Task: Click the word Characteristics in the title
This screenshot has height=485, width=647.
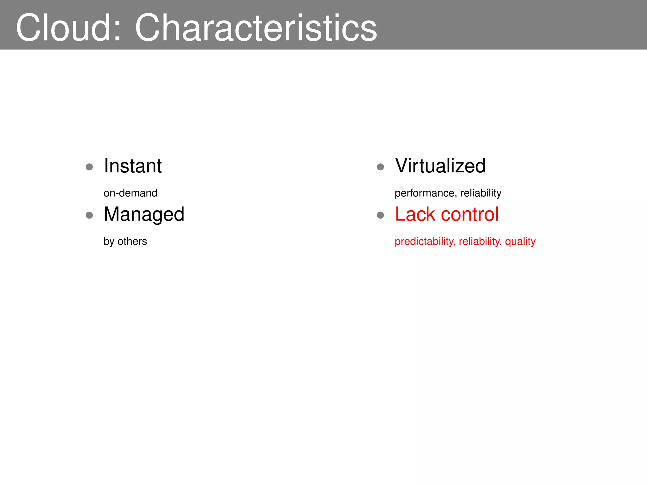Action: point(256,27)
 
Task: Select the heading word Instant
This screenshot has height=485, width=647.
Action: point(133,166)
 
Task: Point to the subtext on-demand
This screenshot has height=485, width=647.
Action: point(130,193)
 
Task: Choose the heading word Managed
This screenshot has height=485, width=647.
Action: point(144,215)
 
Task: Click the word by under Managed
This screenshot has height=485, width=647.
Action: point(109,242)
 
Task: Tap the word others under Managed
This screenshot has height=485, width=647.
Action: point(132,241)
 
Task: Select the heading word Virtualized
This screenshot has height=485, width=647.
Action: point(440,166)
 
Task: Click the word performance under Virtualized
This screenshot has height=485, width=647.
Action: point(424,193)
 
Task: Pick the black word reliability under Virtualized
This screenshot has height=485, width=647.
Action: point(481,193)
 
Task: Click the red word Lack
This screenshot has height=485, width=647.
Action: point(415,214)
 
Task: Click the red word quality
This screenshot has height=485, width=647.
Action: point(520,242)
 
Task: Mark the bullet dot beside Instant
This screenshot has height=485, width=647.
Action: point(89,167)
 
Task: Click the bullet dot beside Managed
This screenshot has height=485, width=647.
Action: point(89,215)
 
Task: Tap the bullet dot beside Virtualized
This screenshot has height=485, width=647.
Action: point(380,167)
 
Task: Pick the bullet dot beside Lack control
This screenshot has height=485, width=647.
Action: point(380,215)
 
